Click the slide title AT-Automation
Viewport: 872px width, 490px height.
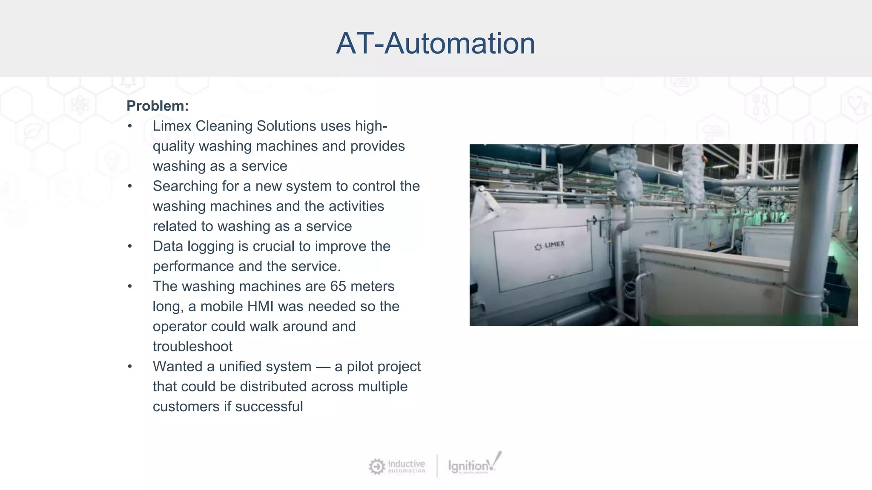pos(436,43)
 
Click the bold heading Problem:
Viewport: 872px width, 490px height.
pos(158,106)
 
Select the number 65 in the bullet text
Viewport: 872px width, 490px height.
pos(338,286)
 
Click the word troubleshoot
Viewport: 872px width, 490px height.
pos(192,346)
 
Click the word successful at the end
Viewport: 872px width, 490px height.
pos(269,406)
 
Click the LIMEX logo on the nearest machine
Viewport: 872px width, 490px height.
pos(550,245)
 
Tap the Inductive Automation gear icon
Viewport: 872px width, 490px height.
pos(376,466)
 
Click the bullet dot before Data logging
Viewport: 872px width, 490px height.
pos(130,246)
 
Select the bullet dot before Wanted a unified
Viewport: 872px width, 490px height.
pos(130,366)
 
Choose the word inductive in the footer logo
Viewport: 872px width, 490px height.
pos(406,463)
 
